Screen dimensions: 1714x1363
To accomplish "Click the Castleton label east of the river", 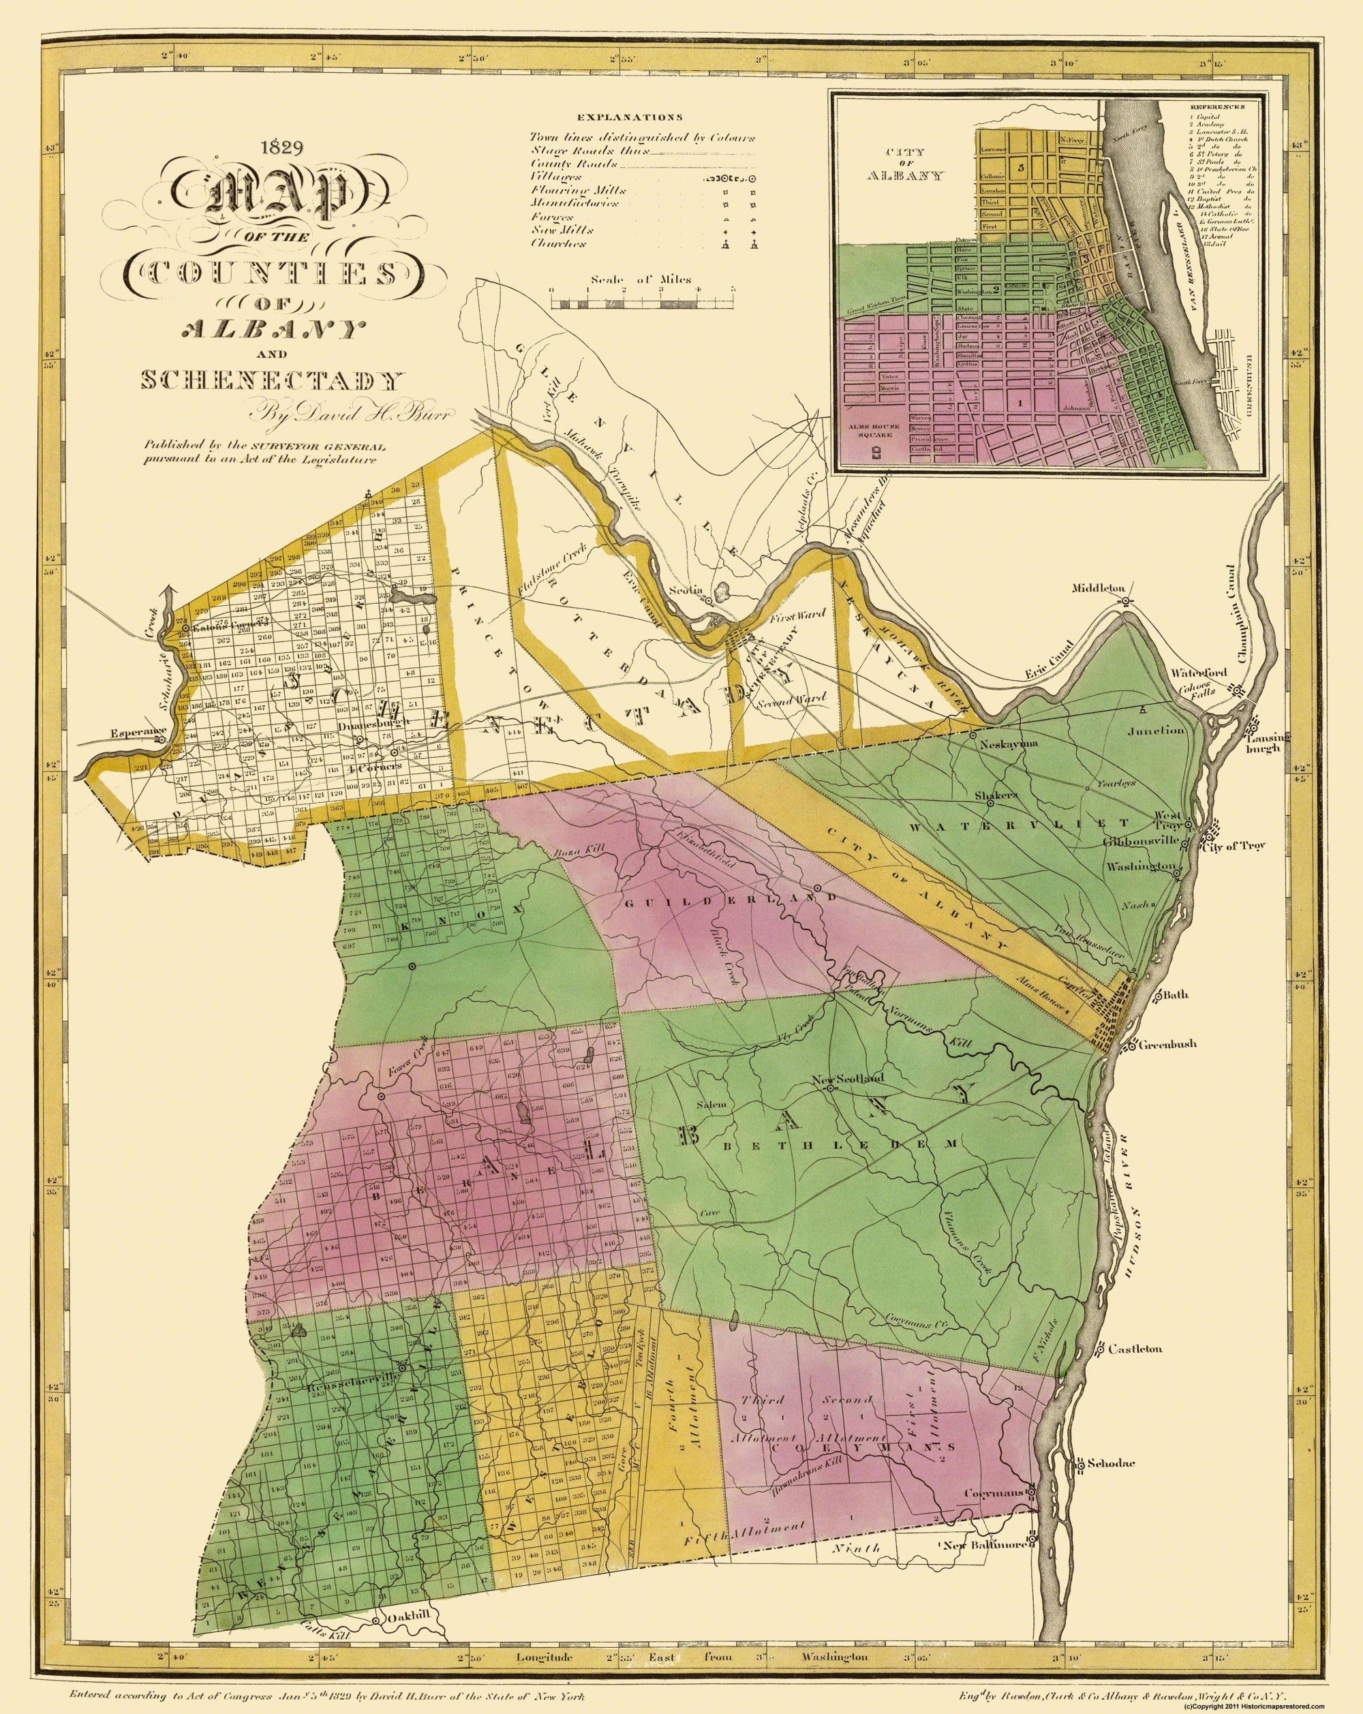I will click(x=1139, y=1348).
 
